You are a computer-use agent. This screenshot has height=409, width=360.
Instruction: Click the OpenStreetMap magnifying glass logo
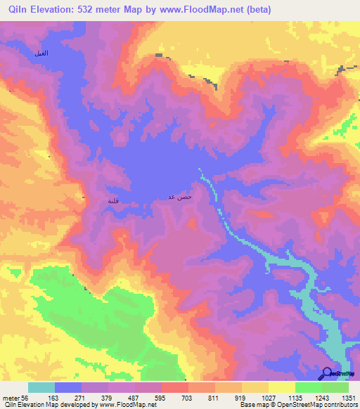(x=326, y=374)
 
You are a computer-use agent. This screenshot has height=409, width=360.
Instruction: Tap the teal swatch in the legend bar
(x=41, y=387)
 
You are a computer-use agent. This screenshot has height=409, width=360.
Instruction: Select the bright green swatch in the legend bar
(x=308, y=387)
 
